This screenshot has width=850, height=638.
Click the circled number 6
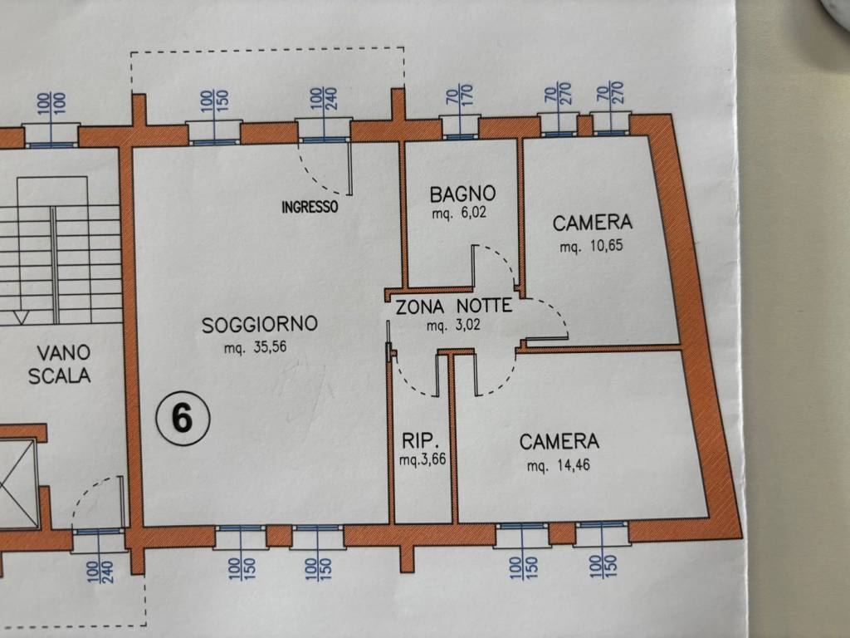coord(183,418)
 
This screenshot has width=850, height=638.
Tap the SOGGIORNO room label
coord(260,325)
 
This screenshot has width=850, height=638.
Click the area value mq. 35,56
coord(256,349)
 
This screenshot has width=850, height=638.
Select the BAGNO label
coord(462,194)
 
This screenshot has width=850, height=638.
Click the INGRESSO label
coord(310,208)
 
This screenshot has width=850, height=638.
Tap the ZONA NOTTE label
coord(453,306)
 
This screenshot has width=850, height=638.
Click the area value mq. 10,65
coord(590,247)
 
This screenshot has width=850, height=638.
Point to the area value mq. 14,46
coord(559,466)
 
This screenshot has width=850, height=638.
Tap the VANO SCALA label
coord(59,365)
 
